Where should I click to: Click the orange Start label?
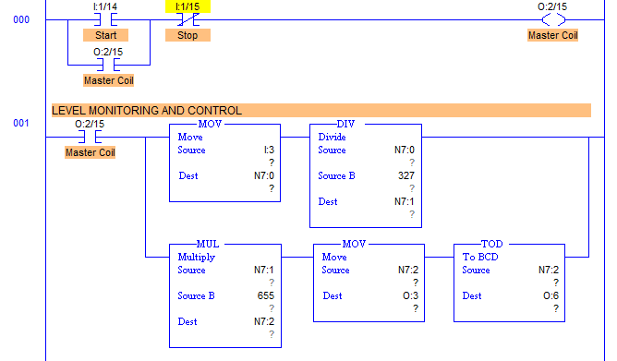[x=105, y=35]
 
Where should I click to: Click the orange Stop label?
[x=188, y=35]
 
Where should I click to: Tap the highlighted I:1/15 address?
[x=188, y=6]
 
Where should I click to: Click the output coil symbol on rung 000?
[x=552, y=18]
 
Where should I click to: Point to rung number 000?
[x=20, y=18]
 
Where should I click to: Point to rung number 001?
[x=20, y=122]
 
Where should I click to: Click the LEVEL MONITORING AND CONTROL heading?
[x=147, y=110]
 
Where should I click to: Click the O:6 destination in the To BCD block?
[x=549, y=296]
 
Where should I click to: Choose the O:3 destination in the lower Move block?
[x=407, y=296]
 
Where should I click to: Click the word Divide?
[x=332, y=137]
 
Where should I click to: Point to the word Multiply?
[x=196, y=257]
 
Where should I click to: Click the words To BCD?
[x=480, y=257]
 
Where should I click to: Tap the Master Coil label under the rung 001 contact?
[x=90, y=151]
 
